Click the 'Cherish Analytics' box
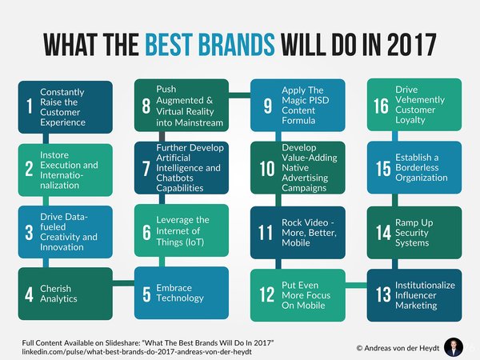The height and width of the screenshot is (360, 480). (x=65, y=294)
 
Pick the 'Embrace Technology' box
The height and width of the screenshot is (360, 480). (x=180, y=294)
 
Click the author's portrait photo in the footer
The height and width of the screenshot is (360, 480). (x=453, y=346)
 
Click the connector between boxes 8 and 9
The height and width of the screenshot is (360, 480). (x=238, y=95)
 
